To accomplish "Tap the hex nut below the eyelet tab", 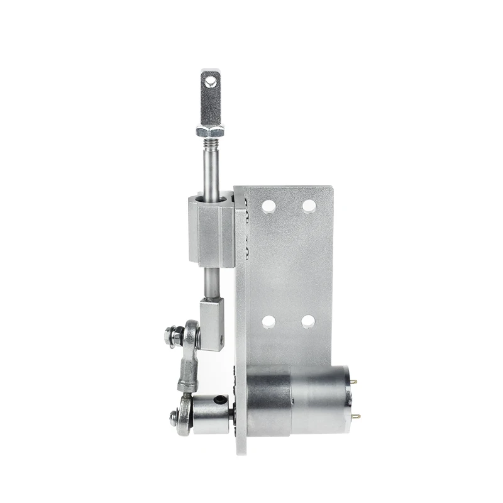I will [x=210, y=131].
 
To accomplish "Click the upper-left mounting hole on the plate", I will [x=268, y=206].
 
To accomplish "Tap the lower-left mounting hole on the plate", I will [x=268, y=322].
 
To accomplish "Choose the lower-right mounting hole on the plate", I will [x=307, y=322].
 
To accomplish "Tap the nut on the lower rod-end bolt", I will [x=174, y=415].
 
